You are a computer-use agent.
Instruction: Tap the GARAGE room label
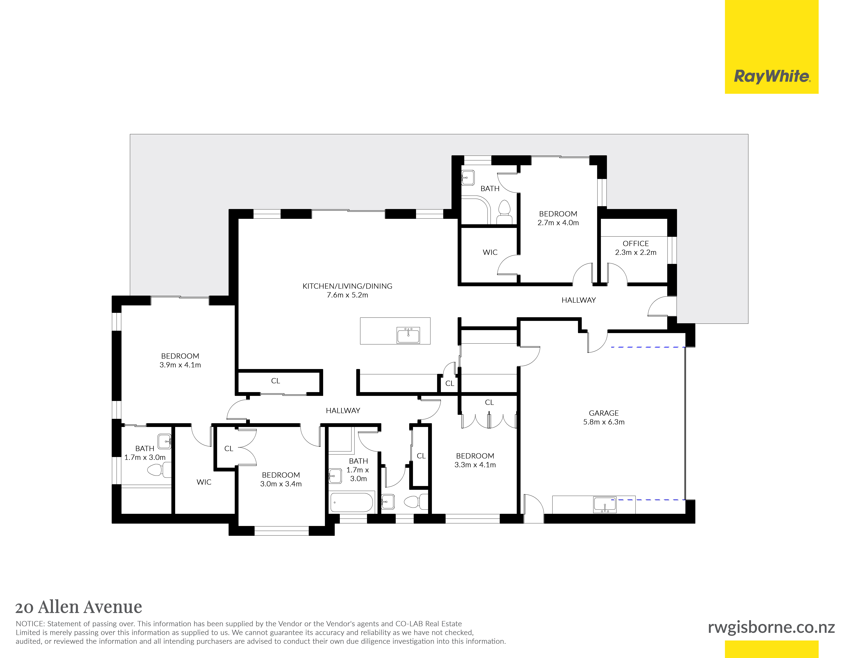click(x=604, y=413)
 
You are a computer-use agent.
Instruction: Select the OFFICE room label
click(x=636, y=243)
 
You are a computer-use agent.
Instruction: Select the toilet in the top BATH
click(x=505, y=212)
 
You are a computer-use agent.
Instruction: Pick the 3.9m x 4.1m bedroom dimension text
click(x=180, y=365)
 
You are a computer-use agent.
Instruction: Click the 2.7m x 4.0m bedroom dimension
click(x=558, y=223)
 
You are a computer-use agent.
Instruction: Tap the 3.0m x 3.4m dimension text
click(x=281, y=484)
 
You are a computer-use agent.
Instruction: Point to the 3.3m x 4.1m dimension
click(x=475, y=465)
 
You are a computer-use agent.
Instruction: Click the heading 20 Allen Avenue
click(x=79, y=607)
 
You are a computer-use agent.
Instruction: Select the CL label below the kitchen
click(x=275, y=381)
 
